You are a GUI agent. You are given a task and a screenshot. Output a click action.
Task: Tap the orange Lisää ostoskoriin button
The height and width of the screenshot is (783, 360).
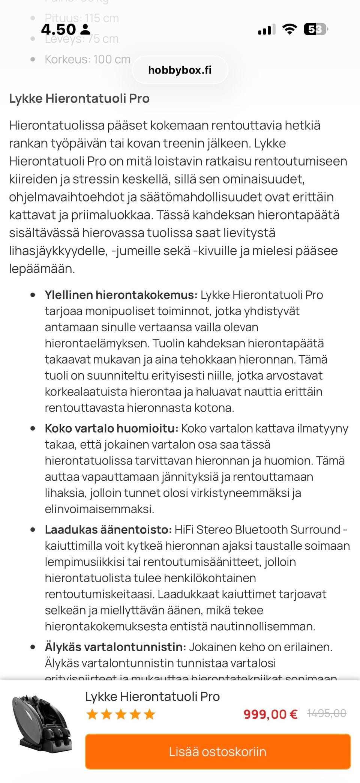coord(217,751)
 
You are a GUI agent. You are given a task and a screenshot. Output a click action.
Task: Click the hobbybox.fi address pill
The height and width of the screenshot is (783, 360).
coord(180,70)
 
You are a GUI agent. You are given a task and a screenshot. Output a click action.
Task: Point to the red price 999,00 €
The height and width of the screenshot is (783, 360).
coord(270,714)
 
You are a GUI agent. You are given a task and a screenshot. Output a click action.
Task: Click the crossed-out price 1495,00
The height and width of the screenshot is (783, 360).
coord(326,713)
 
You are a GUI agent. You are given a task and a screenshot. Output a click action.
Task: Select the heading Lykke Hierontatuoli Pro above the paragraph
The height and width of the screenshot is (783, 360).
coord(79,98)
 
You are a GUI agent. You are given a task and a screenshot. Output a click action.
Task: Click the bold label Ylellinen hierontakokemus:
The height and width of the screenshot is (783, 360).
coord(121,295)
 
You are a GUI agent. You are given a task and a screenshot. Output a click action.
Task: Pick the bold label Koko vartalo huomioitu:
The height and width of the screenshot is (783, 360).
coord(111,428)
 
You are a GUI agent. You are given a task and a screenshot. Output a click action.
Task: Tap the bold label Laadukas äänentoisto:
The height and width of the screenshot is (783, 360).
coord(108,529)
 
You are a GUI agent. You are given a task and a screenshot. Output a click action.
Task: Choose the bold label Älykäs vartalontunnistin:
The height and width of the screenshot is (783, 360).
coord(115,647)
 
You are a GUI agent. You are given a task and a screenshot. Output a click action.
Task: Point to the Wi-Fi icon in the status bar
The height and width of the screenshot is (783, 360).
coord(289,29)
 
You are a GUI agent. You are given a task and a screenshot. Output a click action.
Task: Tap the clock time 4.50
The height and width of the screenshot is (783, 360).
coord(58,29)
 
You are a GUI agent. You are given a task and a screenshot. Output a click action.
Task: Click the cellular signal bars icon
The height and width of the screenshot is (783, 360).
coord(267,29)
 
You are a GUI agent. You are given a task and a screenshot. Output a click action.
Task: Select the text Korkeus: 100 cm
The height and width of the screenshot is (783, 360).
coord(87,59)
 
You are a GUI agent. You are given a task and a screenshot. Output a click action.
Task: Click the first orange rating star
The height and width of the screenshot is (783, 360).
coord(92,714)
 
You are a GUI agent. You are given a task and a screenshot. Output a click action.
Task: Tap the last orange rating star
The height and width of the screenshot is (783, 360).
coord(149,714)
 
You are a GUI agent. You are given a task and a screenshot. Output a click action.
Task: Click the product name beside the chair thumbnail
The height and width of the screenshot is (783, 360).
coord(152,696)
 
